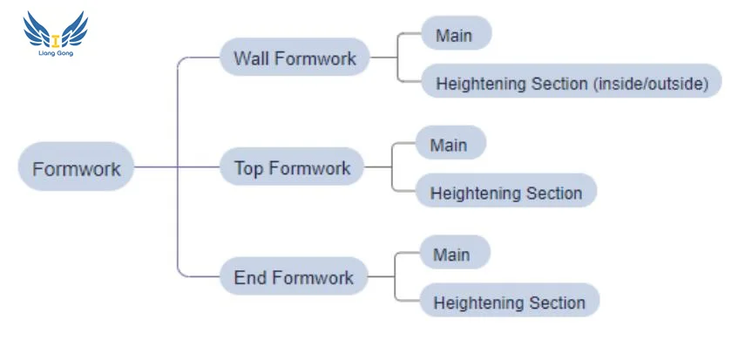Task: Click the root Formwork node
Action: tap(76, 166)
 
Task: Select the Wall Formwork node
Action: tap(295, 58)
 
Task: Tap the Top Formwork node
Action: tap(292, 167)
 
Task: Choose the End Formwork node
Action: tap(294, 277)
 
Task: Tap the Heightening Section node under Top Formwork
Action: tap(505, 192)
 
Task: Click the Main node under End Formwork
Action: tap(454, 254)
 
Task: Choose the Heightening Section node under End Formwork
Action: tap(509, 302)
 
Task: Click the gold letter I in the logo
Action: tap(56, 40)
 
